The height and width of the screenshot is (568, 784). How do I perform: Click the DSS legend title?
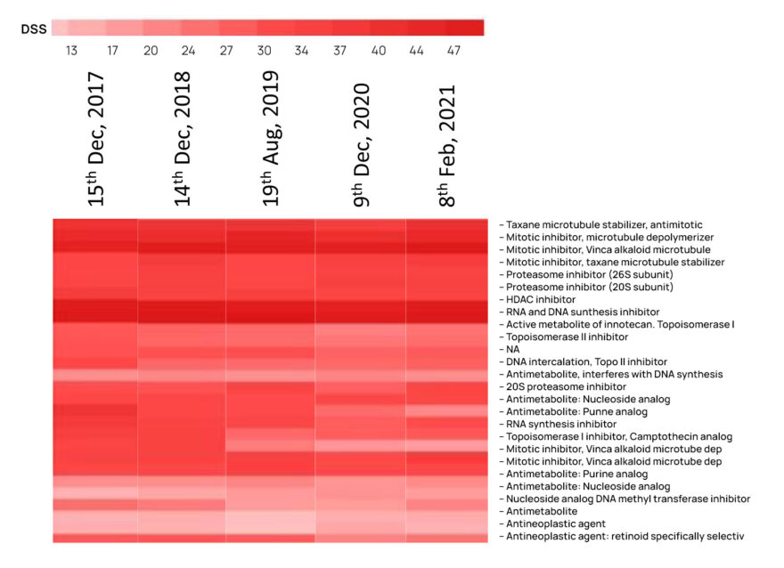34,29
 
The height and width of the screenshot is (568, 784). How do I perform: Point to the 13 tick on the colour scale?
71,51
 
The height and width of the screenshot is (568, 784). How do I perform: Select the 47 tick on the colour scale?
453,51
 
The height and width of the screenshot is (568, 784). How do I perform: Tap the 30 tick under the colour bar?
264,51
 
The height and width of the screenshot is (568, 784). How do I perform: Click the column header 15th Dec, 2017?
95,140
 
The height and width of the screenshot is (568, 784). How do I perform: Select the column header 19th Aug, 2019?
270,140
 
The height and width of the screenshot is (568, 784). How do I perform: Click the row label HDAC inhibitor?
543,300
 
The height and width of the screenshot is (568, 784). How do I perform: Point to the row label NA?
514,350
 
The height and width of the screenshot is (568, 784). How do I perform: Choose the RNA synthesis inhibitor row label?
561,425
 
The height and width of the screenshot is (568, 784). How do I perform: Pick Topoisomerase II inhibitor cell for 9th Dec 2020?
361,337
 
